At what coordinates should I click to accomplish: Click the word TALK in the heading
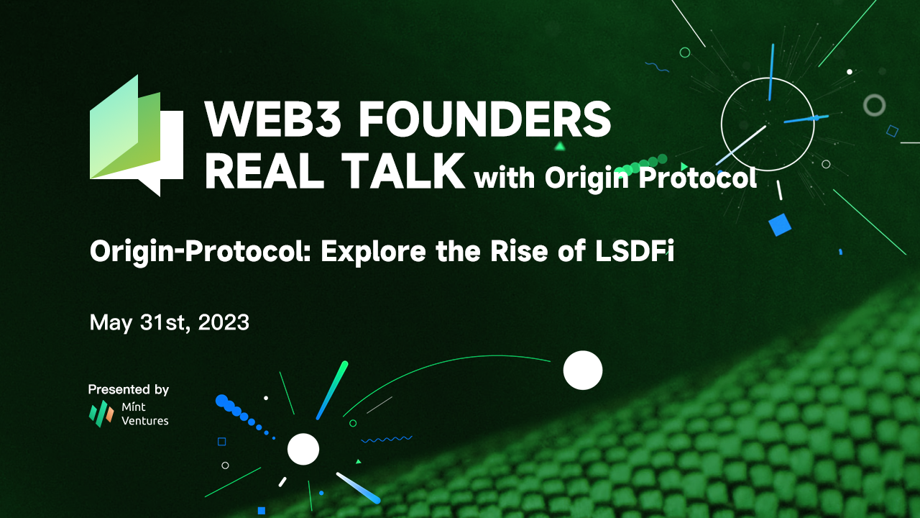402,171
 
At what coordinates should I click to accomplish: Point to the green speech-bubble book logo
136,136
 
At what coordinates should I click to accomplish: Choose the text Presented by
129,389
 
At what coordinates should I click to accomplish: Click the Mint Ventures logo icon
101,413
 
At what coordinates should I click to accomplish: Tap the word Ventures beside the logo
145,420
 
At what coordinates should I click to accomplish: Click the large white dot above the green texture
582,370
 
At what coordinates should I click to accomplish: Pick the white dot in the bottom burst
303,449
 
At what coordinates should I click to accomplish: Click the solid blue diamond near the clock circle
779,224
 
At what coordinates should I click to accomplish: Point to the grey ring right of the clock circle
874,105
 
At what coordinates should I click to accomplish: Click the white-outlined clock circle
768,120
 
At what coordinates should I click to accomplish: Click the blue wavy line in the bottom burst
386,438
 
